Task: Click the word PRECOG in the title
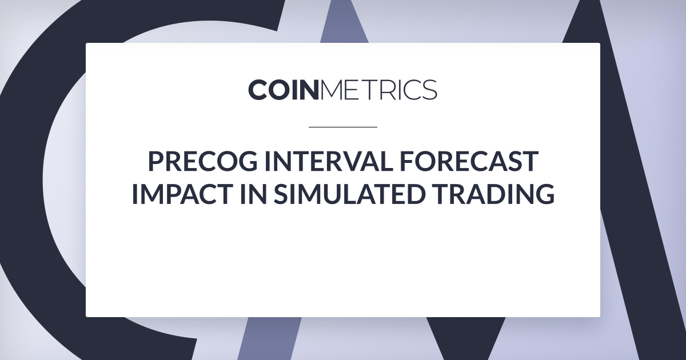point(203,161)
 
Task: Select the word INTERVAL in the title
point(329,161)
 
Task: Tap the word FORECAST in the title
point(469,161)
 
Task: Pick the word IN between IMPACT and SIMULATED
point(253,194)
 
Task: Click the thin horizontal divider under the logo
point(342,127)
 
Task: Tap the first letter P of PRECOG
point(156,161)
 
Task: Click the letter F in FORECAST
point(407,161)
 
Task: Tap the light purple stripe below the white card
point(270,338)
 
